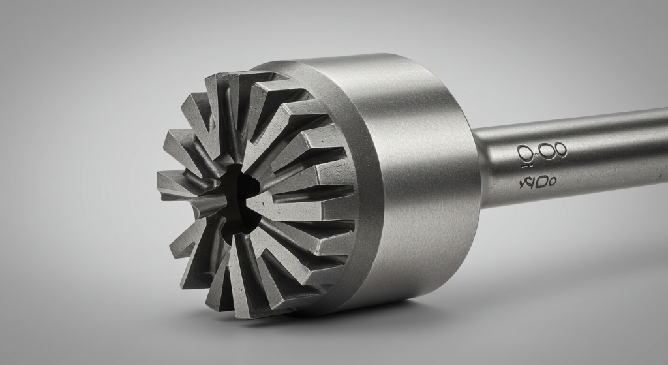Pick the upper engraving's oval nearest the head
[526, 153]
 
